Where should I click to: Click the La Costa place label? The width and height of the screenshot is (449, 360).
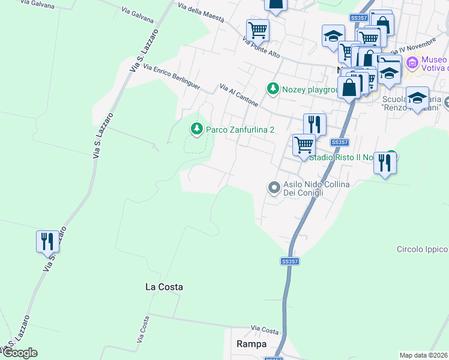(164, 287)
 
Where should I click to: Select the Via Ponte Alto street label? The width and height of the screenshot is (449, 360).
(262, 48)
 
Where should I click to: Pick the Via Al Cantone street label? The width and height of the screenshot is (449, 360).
(239, 95)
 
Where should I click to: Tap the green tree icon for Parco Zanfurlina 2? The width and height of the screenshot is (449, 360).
(196, 129)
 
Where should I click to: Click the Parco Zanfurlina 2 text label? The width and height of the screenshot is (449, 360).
(240, 130)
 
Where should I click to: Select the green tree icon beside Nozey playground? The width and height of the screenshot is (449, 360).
(273, 89)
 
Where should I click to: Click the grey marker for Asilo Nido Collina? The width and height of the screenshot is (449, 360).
(274, 188)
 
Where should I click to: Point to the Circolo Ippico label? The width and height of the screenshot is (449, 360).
(423, 249)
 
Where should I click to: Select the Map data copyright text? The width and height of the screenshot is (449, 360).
(424, 355)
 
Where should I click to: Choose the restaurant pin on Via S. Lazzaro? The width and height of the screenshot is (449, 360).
(47, 241)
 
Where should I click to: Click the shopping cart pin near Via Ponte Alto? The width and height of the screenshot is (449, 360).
(258, 29)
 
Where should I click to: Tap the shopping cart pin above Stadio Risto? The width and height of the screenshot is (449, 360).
(304, 145)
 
